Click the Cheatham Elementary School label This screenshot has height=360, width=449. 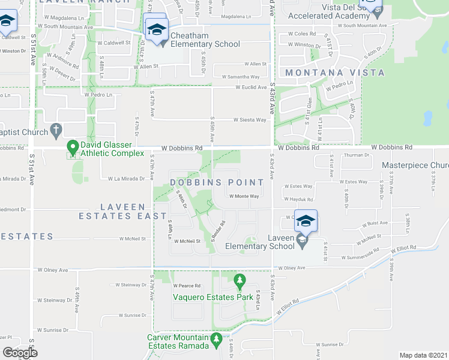point(205,40)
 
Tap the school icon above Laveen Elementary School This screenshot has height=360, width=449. point(306,221)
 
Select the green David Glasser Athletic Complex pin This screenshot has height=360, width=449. point(72,146)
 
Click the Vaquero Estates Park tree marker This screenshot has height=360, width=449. point(240,281)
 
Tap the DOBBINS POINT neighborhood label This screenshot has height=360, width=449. point(217,182)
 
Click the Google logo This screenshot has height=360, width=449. point(20,353)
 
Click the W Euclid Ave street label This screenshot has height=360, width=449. point(250,87)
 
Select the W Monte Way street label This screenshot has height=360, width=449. point(242,196)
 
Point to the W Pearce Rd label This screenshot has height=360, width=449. point(186,286)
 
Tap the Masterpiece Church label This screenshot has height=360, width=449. point(415,165)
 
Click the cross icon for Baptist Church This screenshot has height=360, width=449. point(55,129)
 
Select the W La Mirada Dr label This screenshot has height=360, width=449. point(127,179)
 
